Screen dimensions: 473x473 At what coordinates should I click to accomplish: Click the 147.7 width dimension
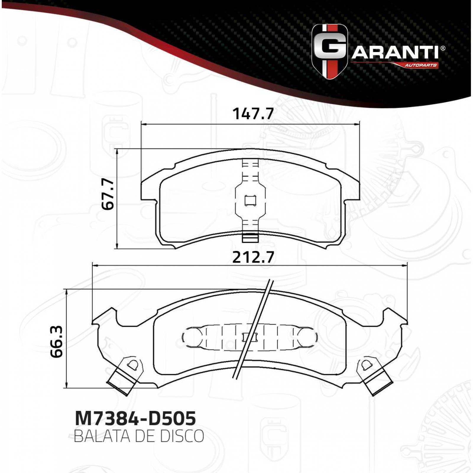pyautogui.click(x=253, y=114)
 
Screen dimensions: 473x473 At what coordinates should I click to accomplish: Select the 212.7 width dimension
pyautogui.click(x=253, y=257)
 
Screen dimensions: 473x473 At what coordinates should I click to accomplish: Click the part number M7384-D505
pyautogui.click(x=135, y=418)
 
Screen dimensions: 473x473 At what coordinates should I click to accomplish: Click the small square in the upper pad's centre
pyautogui.click(x=250, y=201)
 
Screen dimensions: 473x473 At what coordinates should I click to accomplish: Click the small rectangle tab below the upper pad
pyautogui.click(x=250, y=238)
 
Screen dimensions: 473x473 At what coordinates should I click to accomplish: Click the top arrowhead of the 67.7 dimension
pyautogui.click(x=118, y=151)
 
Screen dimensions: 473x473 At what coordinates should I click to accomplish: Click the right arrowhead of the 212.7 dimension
pyautogui.click(x=406, y=265)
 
